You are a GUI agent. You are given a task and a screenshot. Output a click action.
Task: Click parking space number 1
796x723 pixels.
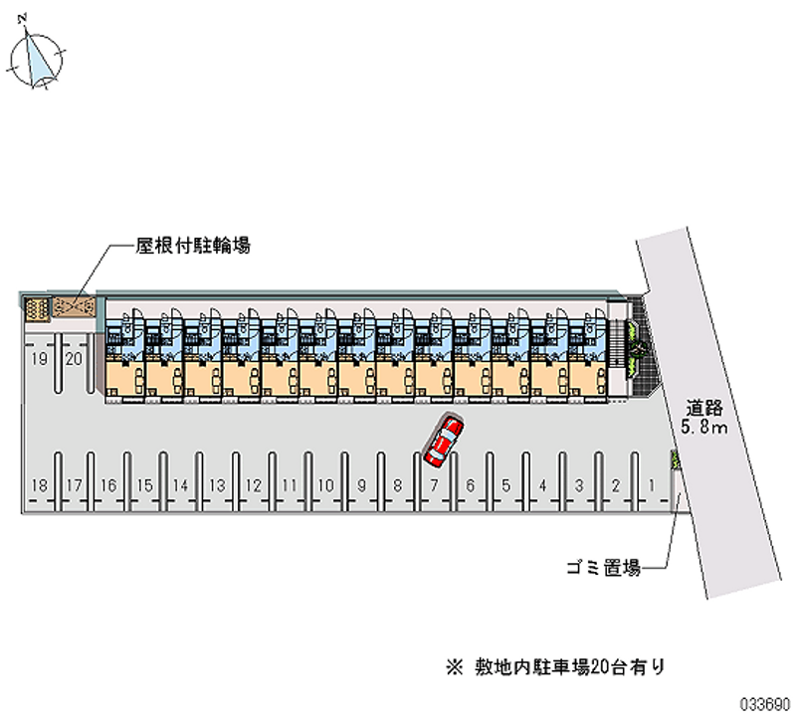pos(652,485)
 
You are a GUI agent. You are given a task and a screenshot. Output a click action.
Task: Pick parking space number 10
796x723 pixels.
pos(325,485)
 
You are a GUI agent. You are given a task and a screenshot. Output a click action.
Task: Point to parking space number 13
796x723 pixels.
pos(217,485)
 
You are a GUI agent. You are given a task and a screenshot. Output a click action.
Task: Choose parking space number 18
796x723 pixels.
pos(38,485)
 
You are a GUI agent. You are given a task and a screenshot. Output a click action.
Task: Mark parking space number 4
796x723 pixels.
pos(542,485)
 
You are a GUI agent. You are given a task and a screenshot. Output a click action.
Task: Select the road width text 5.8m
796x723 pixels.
pos(706,428)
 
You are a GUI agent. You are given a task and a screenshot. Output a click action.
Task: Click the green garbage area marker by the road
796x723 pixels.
pos(677,459)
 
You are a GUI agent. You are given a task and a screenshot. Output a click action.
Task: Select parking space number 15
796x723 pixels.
pos(145,485)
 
